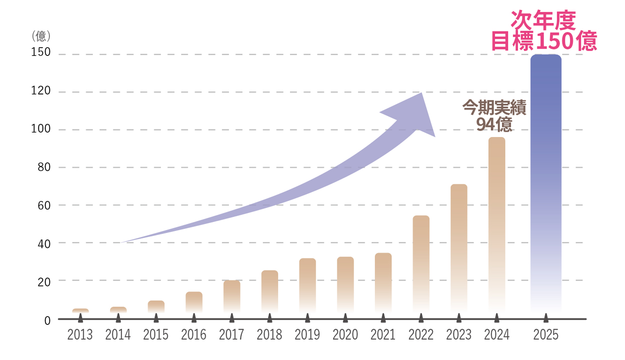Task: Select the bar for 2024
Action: click(496, 225)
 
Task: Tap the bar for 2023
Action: click(458, 248)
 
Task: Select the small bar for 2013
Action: click(80, 311)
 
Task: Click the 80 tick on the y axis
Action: click(44, 167)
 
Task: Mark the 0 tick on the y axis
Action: click(47, 320)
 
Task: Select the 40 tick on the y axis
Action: click(44, 243)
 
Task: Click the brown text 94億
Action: click(494, 123)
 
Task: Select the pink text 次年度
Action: click(543, 20)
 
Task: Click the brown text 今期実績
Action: click(494, 107)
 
